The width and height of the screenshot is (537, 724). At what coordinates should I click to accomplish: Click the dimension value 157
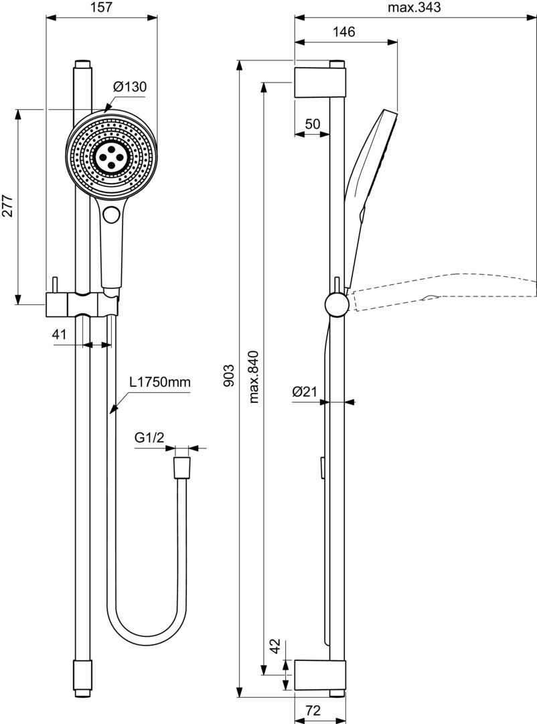(x=101, y=7)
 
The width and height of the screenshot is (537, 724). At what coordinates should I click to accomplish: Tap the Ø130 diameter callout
(x=129, y=86)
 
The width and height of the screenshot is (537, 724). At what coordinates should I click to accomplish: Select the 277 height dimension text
(x=7, y=206)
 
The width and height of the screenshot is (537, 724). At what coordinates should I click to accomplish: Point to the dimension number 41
(x=60, y=334)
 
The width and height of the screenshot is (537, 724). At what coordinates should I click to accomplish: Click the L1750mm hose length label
(x=160, y=382)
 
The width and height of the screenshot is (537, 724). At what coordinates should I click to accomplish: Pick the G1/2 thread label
(x=149, y=438)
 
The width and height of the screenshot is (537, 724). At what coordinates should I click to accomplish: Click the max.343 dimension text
(x=414, y=7)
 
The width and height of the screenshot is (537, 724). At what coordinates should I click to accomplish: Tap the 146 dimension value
(x=343, y=32)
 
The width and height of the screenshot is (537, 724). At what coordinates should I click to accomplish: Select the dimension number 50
(x=312, y=123)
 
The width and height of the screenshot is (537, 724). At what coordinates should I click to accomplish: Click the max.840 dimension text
(x=253, y=376)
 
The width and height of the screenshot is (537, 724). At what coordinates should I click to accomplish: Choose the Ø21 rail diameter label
(x=305, y=392)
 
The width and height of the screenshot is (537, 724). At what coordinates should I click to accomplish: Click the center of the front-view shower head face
(x=112, y=155)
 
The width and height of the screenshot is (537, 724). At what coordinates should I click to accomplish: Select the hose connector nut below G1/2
(x=181, y=468)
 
